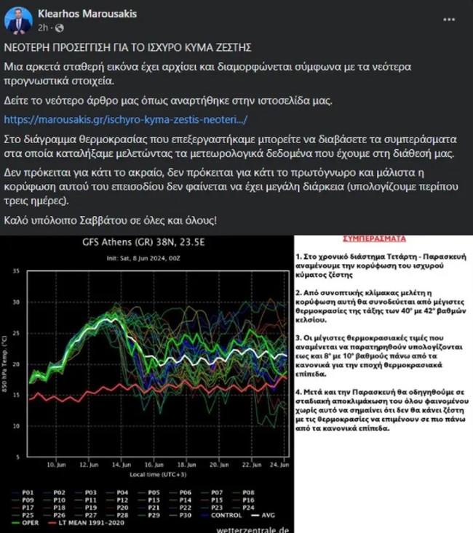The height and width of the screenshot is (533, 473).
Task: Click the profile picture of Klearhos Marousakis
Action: pos(18,20)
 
